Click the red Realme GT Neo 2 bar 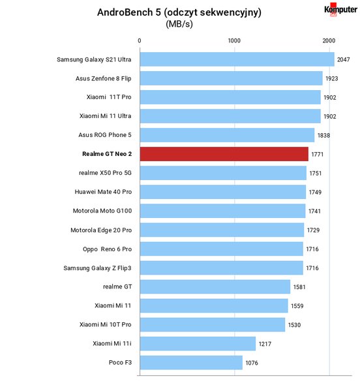click(224, 154)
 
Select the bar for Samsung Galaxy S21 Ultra click(237, 59)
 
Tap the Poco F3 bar click(191, 363)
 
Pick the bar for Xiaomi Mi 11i click(198, 344)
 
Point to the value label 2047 click(344, 59)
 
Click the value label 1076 click(252, 363)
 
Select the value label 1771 click(318, 155)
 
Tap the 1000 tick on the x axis click(234, 40)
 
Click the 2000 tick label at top click(329, 40)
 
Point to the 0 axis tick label click(140, 40)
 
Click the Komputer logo click(340, 10)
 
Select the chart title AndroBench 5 click(179, 12)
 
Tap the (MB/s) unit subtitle click(179, 24)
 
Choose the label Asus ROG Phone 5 click(105, 135)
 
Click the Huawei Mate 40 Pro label click(103, 192)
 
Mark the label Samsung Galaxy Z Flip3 click(97, 268)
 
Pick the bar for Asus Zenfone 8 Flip click(231, 78)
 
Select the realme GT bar click(215, 287)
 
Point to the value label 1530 click(294, 325)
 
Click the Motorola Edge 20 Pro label click(101, 230)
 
